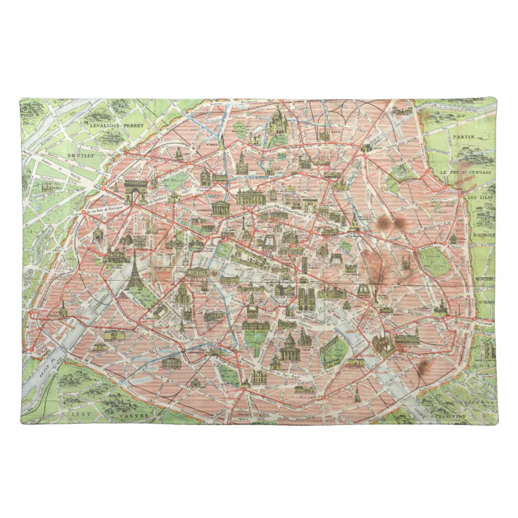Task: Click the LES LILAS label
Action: pyautogui.click(x=480, y=197)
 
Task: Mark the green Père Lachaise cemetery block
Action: pyautogui.click(x=434, y=260)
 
